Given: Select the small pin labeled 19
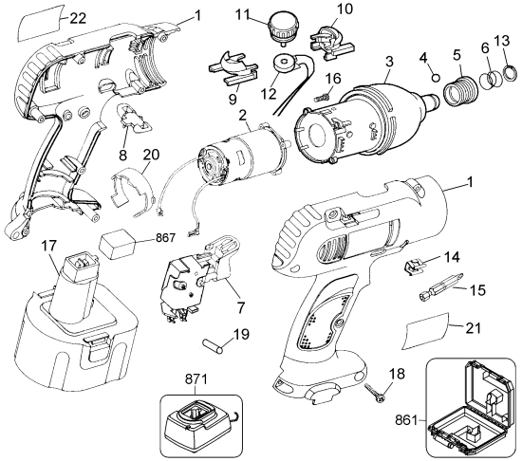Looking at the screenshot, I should (x=214, y=343).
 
